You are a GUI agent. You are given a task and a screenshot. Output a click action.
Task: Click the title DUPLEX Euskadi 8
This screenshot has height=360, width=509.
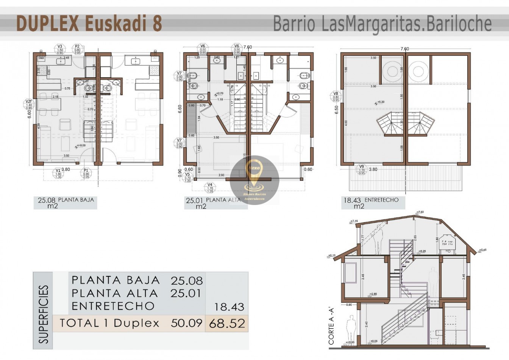pyautogui.click(x=89, y=23)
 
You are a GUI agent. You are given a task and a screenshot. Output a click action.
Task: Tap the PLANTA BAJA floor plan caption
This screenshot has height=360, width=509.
pyautogui.click(x=76, y=200)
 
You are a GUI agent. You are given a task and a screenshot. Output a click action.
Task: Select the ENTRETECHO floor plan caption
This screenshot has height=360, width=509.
pyautogui.click(x=381, y=200)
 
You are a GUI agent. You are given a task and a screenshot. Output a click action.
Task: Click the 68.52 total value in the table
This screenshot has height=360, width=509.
pyautogui.click(x=226, y=324)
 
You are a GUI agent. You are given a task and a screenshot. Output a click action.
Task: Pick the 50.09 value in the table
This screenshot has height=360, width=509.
pyautogui.click(x=186, y=323)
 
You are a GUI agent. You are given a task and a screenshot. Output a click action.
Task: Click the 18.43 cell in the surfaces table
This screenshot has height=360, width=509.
pyautogui.click(x=229, y=307)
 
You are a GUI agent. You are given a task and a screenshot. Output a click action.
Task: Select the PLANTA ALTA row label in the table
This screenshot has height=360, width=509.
pyautogui.click(x=115, y=293)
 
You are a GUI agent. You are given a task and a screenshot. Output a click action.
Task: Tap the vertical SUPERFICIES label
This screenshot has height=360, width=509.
pyautogui.click(x=44, y=315)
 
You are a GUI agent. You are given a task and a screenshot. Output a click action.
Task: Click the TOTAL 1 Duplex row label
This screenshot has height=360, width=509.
pyautogui.click(x=109, y=323)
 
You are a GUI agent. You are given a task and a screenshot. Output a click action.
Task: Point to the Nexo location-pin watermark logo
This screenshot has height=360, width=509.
pyautogui.click(x=254, y=179)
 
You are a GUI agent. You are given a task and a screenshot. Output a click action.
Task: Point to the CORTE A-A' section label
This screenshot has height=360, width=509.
pyautogui.click(x=331, y=326)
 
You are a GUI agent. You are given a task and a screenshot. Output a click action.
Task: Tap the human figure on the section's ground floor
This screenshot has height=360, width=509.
pyautogui.click(x=351, y=328)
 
